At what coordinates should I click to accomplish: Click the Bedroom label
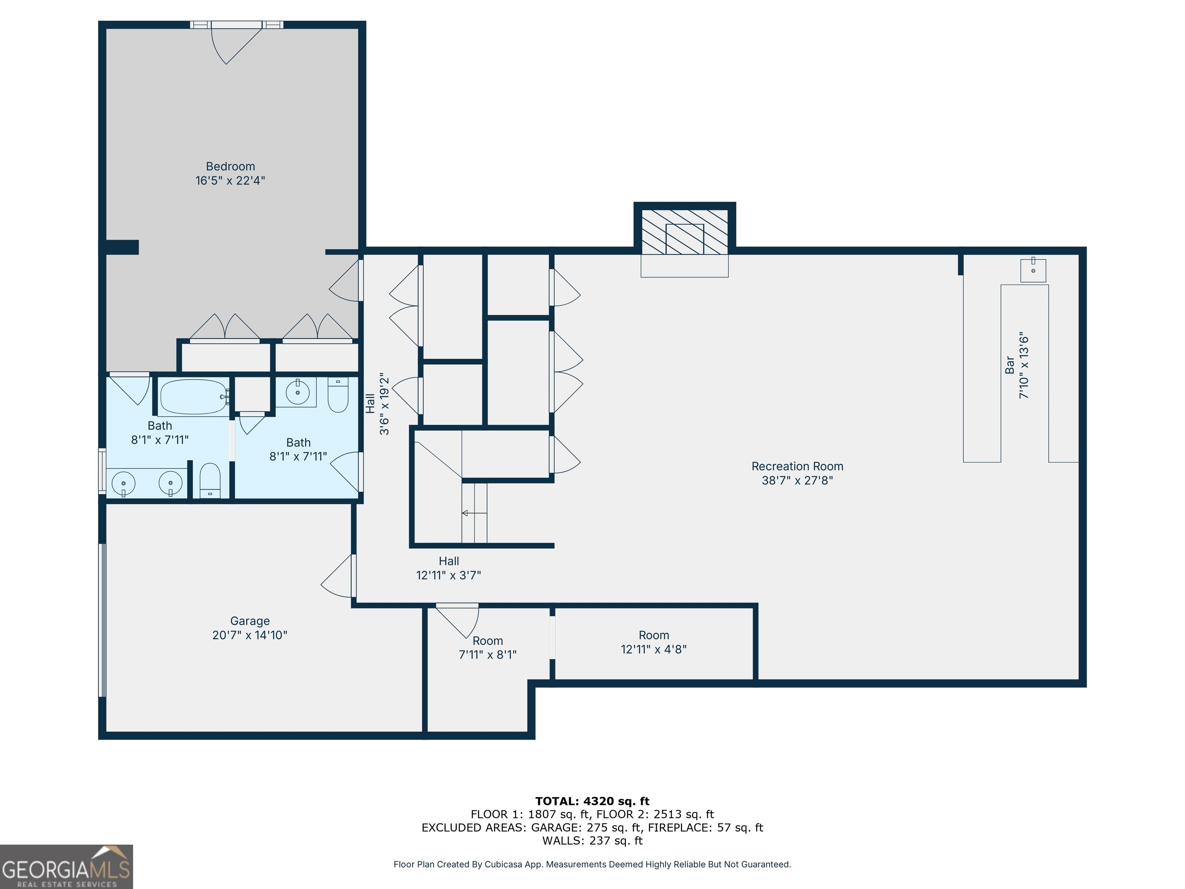coord(230,167)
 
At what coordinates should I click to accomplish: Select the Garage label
coord(250,621)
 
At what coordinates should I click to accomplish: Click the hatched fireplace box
coord(685,232)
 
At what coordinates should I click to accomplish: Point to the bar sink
coord(1033,270)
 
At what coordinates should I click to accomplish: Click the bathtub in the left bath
coord(194,397)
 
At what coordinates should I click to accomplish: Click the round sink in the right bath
coord(297,393)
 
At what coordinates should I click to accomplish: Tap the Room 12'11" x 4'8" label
coord(653,642)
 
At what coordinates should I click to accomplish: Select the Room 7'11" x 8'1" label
coord(488,648)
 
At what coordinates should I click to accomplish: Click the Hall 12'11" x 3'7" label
coord(448,568)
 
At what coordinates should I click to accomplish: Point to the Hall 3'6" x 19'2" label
coord(377,404)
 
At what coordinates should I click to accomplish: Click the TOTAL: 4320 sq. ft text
coord(592,801)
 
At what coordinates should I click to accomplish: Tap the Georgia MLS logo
coord(66,867)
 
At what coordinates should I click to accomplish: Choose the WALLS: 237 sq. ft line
coord(592,841)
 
